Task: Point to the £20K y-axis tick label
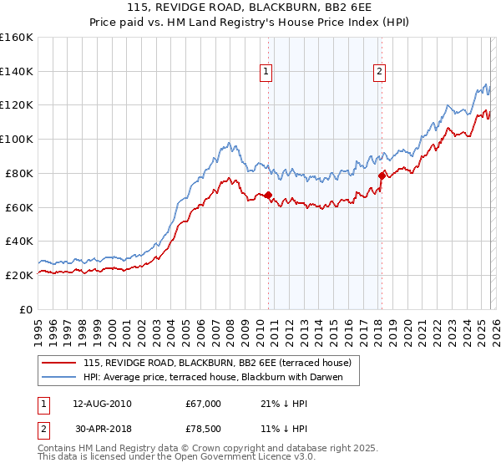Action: [18, 275]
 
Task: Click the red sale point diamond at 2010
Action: [268, 196]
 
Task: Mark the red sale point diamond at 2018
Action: [382, 175]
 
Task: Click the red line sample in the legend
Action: [59, 363]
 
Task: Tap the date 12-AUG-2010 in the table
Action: [102, 404]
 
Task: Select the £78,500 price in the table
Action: [203, 431]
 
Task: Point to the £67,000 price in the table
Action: [203, 404]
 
